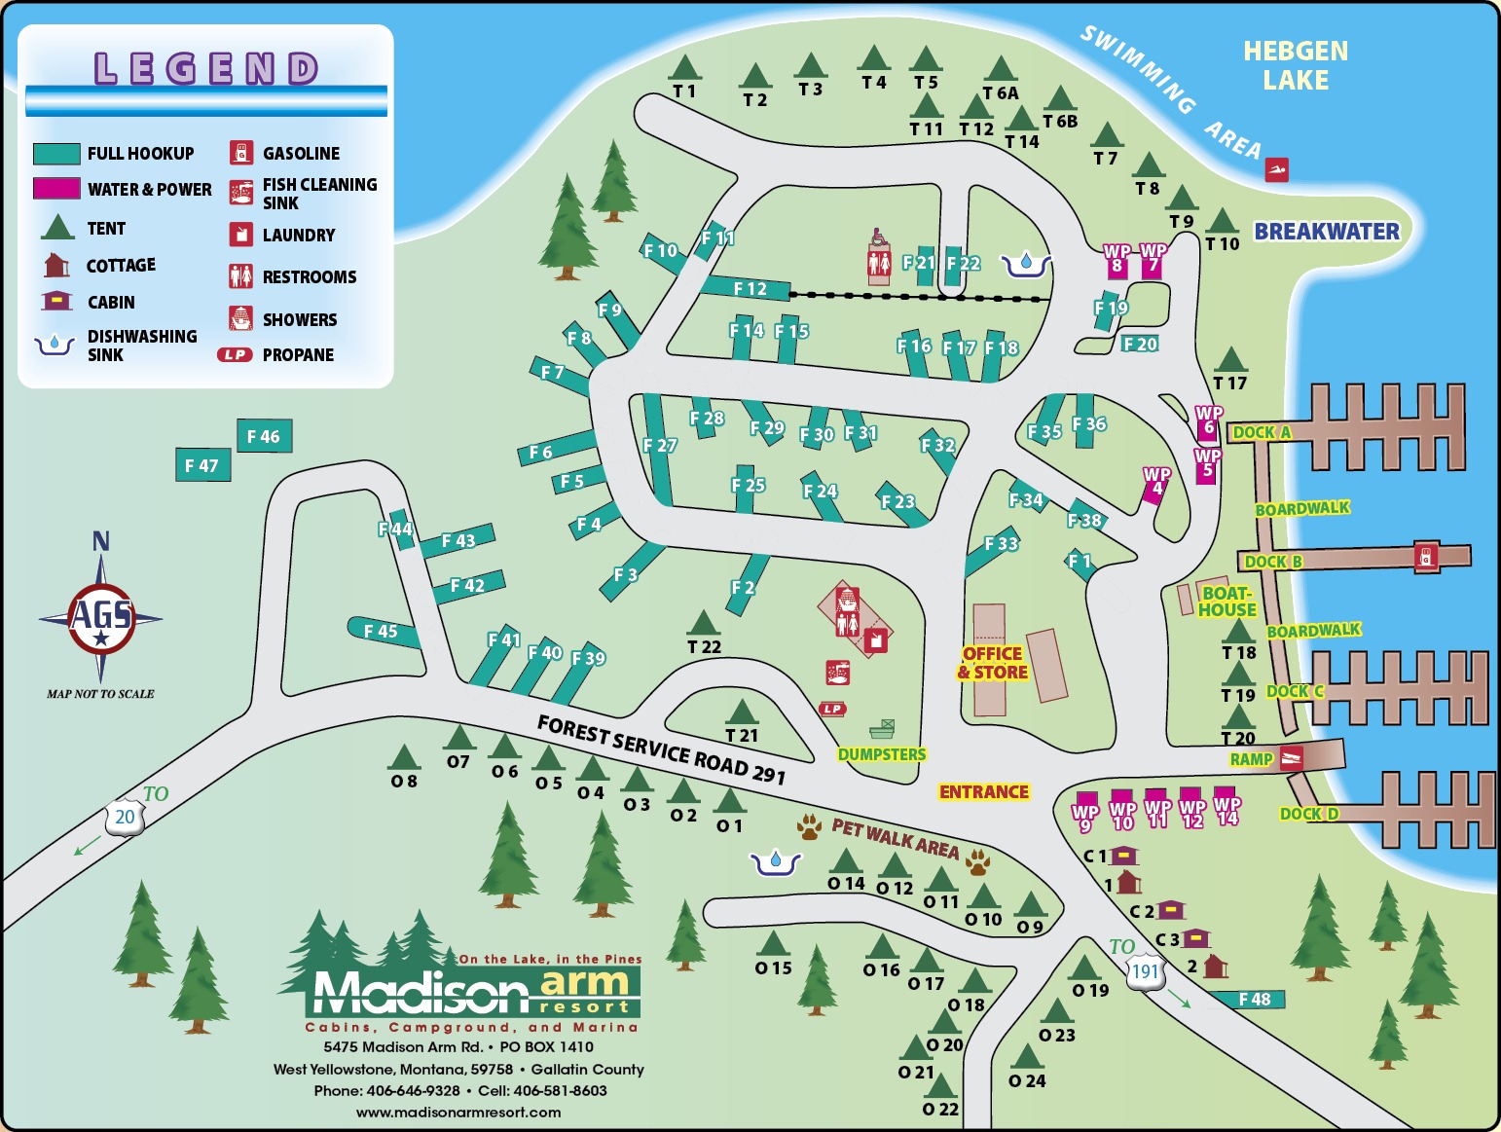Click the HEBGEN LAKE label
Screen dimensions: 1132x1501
tap(1296, 65)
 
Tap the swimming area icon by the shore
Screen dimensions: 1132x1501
tap(1277, 170)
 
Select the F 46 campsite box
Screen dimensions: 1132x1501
tap(264, 436)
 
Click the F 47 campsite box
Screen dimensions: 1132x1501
tap(202, 465)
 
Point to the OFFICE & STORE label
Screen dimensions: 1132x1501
tap(992, 663)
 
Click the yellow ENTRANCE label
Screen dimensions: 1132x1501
tap(983, 792)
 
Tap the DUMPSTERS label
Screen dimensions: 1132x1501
tap(882, 754)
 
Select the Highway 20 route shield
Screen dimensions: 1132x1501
tap(125, 818)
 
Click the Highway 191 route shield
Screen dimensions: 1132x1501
tap(1146, 971)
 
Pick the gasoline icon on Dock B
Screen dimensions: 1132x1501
tap(1425, 556)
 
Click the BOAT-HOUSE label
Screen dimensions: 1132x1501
tap(1226, 602)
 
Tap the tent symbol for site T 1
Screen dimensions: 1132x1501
tap(685, 68)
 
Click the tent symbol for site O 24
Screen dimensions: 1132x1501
tap(1027, 1057)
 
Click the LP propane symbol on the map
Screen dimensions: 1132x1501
tap(832, 709)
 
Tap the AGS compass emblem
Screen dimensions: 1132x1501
tap(101, 617)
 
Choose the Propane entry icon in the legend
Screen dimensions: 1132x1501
tap(235, 355)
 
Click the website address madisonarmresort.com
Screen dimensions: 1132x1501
tap(458, 1112)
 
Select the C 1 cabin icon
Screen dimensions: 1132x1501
tap(1124, 856)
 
